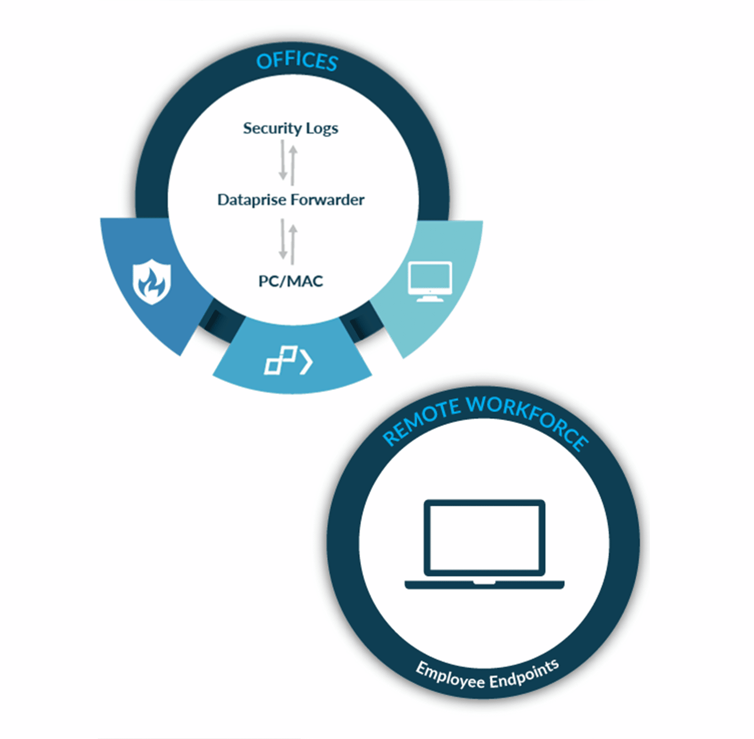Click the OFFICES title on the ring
pos(297,61)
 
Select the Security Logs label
pos(290,128)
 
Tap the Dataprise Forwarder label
pos(291,200)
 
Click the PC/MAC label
pos(290,281)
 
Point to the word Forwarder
pos(328,200)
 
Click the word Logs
pos(322,129)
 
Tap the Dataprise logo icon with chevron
pos(288,361)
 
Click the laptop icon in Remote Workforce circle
pos(484,545)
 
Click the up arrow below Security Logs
pos(293,165)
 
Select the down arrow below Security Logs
pos(283,160)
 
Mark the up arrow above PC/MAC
pos(293,244)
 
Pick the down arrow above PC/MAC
pos(283,239)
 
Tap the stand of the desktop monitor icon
pos(430,297)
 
